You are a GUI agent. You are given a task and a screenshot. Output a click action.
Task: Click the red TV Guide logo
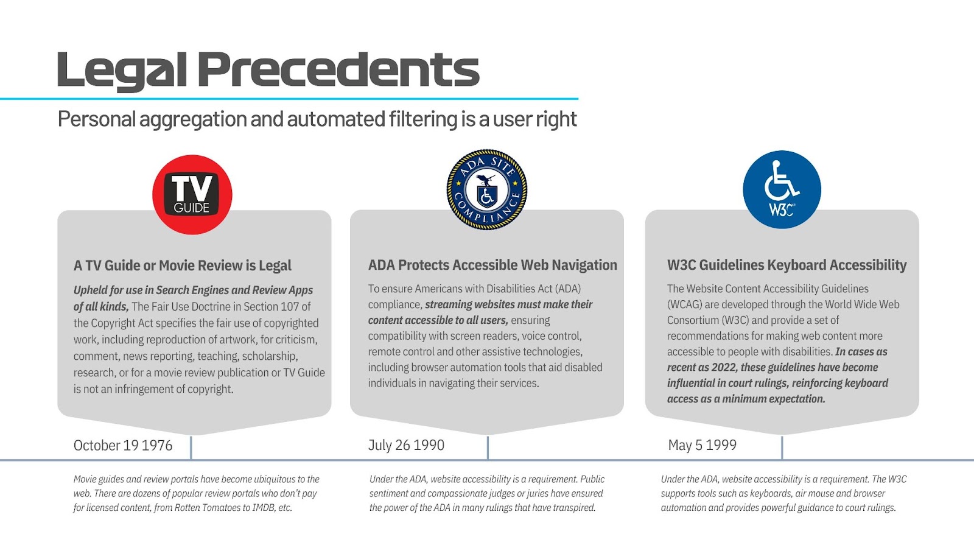pos(192,195)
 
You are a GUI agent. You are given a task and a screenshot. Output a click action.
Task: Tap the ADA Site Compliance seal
pos(486,189)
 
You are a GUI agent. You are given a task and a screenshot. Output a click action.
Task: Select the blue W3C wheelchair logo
pos(782,189)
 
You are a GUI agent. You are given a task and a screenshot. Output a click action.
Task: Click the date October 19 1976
pos(123,446)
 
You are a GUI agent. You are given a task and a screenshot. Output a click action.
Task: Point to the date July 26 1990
pos(406,445)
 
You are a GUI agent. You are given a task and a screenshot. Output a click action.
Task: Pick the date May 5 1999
pos(702,445)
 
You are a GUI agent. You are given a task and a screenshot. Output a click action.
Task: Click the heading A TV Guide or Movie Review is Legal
pos(183,265)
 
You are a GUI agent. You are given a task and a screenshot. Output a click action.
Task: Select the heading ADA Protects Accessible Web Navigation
pos(492,265)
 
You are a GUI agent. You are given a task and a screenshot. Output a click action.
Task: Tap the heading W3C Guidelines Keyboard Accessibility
pos(787,265)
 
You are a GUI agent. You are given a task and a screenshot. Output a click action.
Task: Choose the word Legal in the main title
pos(122,70)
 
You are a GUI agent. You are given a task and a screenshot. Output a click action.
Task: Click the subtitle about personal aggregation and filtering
pos(317,119)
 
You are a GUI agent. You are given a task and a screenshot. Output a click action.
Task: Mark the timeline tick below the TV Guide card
pos(191,448)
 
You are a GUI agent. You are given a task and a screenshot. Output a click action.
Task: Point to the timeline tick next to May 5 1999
pos(782,448)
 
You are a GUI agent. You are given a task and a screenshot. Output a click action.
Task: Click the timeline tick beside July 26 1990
pos(488,448)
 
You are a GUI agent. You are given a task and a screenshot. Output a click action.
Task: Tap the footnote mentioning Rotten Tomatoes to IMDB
pos(196,493)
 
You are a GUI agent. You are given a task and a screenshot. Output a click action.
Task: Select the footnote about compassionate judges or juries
pos(486,493)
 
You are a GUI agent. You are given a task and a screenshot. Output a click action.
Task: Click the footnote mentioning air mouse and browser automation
pos(783,493)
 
